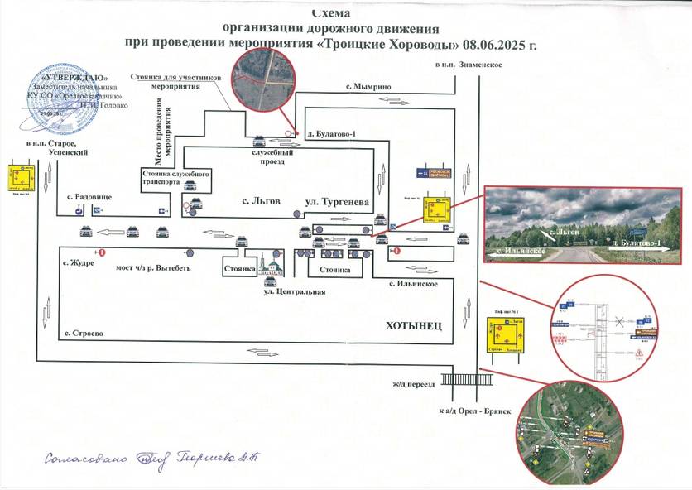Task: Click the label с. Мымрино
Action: (368, 86)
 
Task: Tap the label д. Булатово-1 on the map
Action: (330, 133)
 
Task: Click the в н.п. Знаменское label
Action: (469, 65)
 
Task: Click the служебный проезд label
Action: (272, 157)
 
